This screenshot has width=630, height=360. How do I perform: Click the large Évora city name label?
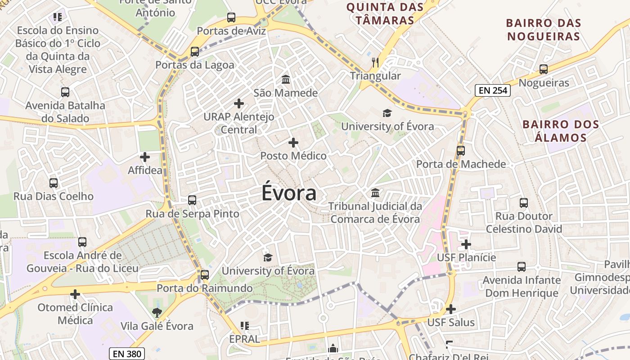(289, 193)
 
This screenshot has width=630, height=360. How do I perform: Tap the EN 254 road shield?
(493, 90)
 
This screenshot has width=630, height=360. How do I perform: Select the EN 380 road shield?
(127, 354)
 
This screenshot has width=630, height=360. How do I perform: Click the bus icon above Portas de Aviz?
(231, 18)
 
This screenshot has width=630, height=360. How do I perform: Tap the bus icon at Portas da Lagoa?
(195, 52)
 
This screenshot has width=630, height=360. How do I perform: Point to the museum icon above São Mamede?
(285, 80)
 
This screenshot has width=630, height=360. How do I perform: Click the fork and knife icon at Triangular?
(375, 62)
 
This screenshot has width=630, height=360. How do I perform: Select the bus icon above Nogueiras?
(544, 69)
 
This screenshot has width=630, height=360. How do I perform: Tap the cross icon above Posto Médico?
(293, 143)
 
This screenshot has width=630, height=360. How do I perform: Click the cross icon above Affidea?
(145, 157)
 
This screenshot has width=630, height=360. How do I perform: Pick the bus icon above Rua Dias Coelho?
(54, 183)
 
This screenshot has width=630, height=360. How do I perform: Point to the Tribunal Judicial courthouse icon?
(375, 193)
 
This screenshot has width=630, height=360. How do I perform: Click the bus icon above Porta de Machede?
(461, 151)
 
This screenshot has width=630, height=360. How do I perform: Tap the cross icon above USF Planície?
(466, 244)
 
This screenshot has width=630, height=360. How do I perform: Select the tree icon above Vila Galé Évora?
(157, 312)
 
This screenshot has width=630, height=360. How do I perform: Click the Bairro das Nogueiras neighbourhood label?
(544, 30)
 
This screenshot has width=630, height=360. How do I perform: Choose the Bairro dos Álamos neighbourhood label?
(560, 131)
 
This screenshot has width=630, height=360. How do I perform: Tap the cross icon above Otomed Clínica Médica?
(75, 294)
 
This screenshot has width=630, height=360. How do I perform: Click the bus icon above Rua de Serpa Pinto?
(192, 200)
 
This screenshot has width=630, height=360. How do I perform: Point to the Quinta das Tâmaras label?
(385, 13)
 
